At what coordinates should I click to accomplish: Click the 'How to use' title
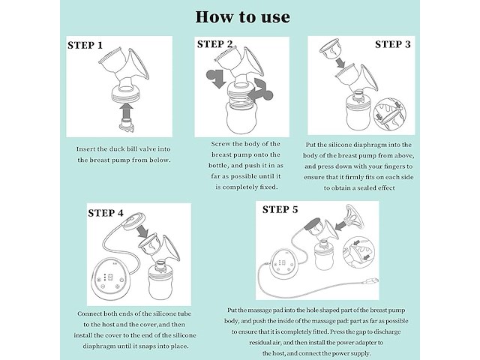point(242,17)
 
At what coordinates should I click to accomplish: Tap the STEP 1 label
point(85,45)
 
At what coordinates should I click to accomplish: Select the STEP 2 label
point(215,44)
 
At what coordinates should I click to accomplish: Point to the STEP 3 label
point(393,44)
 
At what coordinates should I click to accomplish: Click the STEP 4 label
point(106,213)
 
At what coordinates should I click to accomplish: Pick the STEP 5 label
point(280,210)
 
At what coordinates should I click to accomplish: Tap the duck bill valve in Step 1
point(127,126)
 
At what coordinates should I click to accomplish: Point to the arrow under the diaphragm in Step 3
point(340,63)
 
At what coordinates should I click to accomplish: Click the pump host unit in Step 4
point(109,279)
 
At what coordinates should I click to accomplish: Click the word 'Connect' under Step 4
point(89,313)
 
